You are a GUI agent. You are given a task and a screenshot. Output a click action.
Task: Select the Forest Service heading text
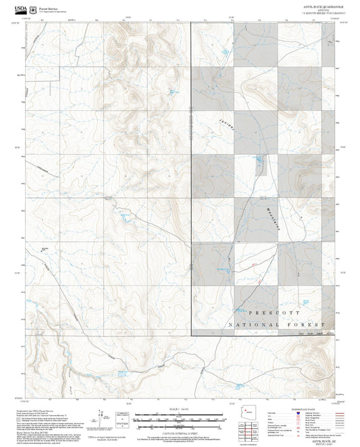tap(50, 6)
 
